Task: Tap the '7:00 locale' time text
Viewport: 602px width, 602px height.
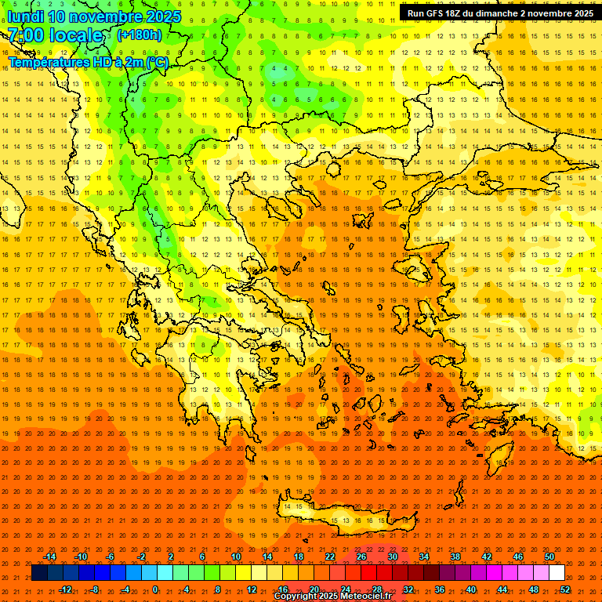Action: point(56,35)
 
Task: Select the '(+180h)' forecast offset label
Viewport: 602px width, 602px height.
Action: point(140,35)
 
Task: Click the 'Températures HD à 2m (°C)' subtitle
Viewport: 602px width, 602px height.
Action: point(89,62)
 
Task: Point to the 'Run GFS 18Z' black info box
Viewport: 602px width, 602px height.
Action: point(499,13)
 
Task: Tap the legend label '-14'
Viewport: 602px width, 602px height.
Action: point(50,557)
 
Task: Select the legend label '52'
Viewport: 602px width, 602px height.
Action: point(565,589)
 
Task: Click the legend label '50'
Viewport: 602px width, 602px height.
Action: point(549,557)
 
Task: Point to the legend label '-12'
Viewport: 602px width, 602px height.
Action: point(65,589)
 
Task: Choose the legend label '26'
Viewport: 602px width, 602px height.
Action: point(361,557)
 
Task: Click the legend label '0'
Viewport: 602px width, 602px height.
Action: point(155,589)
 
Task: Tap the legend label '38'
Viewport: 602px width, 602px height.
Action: point(455,557)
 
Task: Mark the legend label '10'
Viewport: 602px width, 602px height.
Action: point(236,557)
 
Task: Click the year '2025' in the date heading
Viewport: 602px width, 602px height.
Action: point(163,16)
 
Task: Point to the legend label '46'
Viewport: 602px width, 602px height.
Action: point(518,557)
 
